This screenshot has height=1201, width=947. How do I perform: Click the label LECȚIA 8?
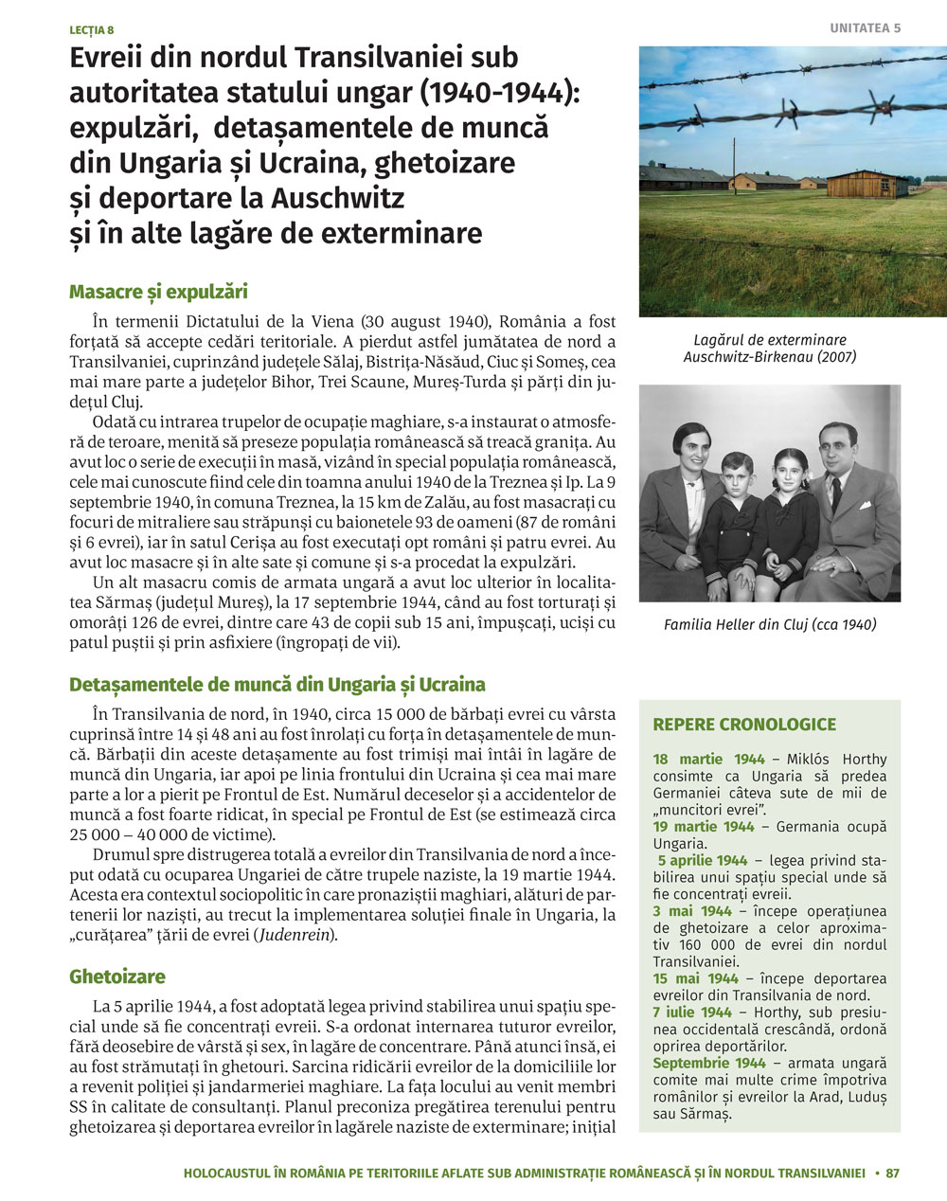click(91, 30)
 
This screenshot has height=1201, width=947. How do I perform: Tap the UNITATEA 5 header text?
click(865, 28)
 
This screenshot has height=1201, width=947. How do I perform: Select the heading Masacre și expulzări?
click(158, 292)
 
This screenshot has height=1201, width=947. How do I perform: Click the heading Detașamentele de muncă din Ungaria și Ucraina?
click(277, 684)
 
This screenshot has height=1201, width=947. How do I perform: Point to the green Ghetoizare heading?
click(116, 977)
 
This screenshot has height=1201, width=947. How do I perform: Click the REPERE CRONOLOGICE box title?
click(744, 725)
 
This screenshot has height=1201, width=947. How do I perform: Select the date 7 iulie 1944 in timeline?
click(692, 1012)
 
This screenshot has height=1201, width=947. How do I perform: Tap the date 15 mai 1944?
click(695, 977)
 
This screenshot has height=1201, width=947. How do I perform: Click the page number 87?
click(892, 1173)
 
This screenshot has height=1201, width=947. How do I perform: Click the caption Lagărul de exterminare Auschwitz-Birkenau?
click(769, 348)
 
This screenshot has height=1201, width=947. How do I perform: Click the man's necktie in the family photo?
click(835, 493)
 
